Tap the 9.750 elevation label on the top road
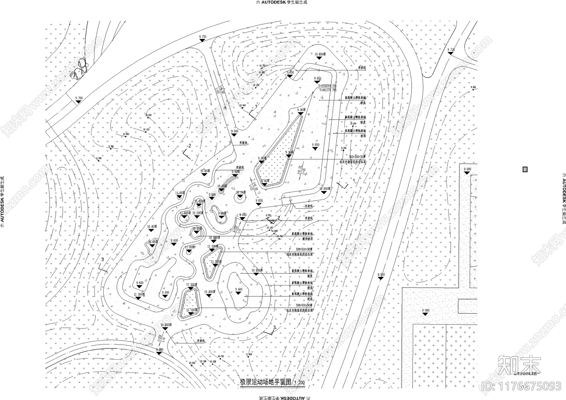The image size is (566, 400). (x=203, y=36)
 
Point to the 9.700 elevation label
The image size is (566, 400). (x=79, y=98)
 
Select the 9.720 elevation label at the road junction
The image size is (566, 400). (x=451, y=50)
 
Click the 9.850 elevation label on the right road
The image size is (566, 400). (x=381, y=274)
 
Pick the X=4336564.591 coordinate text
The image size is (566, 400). (x=327, y=86)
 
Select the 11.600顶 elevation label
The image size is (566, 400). (x=186, y=213)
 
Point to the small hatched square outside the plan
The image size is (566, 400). (x=525, y=169)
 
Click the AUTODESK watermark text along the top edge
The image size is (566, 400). (x=283, y=2)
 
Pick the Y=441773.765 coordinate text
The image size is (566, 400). (x=327, y=90)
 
